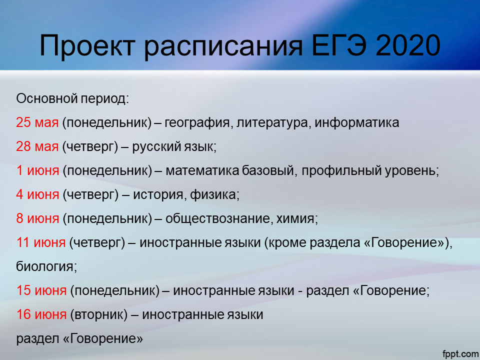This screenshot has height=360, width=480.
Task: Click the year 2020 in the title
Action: [x=408, y=46]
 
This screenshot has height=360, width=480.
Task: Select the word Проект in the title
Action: [x=87, y=46]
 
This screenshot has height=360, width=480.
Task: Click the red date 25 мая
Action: [x=37, y=122]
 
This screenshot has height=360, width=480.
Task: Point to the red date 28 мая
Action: [x=37, y=146]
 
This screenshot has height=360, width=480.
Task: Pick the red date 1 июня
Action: [x=37, y=170]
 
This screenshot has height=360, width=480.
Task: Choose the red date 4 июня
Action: [x=37, y=194]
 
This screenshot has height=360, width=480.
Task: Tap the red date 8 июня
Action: [x=37, y=218]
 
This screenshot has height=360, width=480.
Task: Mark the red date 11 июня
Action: [x=40, y=242]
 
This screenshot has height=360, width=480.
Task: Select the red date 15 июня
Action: [x=41, y=290]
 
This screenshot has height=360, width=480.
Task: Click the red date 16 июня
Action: [x=41, y=314]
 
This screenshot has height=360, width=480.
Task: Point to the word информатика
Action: [x=357, y=123]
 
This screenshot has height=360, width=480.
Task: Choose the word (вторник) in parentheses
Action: [x=98, y=314]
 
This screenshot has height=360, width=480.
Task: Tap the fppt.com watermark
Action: [x=460, y=354]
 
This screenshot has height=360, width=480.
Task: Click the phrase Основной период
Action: [x=72, y=99]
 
